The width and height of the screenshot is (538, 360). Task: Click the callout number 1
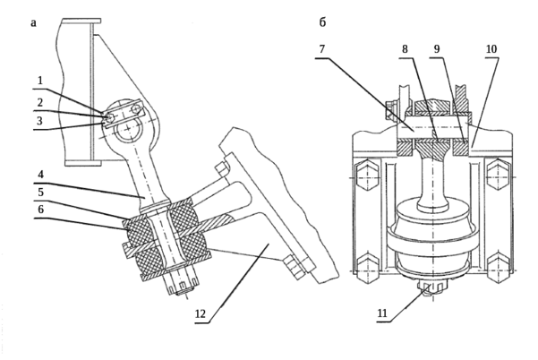point(40,81)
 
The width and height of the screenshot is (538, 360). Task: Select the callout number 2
point(40,102)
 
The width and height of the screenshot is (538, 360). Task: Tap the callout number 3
point(39,121)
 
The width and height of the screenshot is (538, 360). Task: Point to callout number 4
point(41,175)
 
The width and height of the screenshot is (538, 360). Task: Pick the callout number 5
point(41,192)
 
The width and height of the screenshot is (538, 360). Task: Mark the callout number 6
point(41,209)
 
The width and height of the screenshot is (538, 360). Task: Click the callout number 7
point(321,49)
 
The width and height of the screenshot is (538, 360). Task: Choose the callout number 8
point(405,49)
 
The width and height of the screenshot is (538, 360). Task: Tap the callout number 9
point(437,49)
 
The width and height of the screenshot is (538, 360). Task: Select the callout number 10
point(491,49)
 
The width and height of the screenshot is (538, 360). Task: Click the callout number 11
point(382,313)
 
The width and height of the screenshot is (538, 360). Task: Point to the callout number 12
point(201,313)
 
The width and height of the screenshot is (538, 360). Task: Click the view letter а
point(33,23)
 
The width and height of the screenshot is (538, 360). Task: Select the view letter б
point(322,22)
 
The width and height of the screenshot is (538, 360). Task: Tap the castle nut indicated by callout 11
point(428,288)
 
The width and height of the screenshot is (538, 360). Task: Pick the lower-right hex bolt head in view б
point(498,270)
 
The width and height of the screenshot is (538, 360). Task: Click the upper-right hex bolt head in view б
point(498,176)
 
